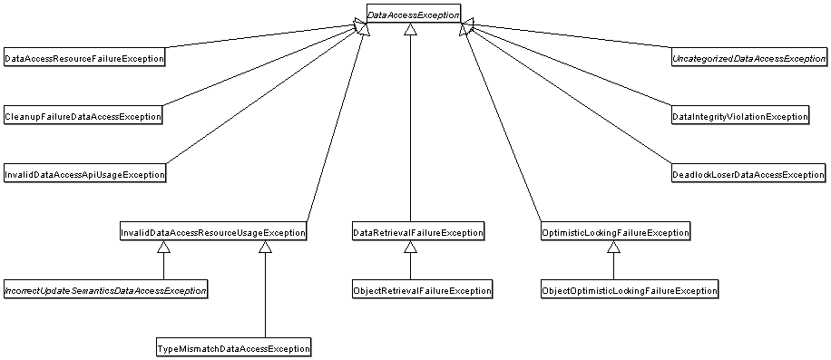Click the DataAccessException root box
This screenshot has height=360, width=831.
click(x=413, y=15)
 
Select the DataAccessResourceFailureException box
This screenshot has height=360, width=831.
click(x=84, y=59)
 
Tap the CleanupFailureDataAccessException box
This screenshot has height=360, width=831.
click(x=83, y=116)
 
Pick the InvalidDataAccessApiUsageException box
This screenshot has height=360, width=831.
click(x=84, y=174)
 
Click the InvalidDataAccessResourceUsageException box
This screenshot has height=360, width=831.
click(x=213, y=233)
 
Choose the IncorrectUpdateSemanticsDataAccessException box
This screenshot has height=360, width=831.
click(x=105, y=291)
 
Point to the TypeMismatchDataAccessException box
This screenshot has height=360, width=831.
click(x=233, y=348)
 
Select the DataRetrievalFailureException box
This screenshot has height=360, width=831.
click(x=417, y=233)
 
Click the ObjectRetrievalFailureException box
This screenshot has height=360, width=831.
click(x=422, y=291)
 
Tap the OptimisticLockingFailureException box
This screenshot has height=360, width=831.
click(x=614, y=233)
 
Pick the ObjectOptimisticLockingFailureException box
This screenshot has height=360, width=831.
click(x=629, y=291)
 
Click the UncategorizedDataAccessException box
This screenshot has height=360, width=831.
click(x=748, y=59)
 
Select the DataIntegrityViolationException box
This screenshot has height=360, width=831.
click(x=739, y=117)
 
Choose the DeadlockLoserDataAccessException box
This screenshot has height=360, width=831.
click(x=748, y=174)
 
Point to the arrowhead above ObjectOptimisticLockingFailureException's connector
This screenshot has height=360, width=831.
click(x=613, y=247)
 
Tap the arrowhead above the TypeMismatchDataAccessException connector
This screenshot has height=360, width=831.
click(x=265, y=247)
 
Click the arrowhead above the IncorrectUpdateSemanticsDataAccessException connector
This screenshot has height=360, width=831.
click(x=163, y=247)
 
